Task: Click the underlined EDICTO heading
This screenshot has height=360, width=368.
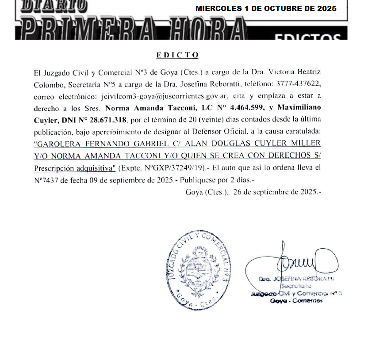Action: (x=177, y=55)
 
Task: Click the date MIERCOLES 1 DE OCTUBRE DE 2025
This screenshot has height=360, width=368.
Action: (x=266, y=8)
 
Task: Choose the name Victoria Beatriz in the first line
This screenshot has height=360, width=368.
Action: (x=296, y=72)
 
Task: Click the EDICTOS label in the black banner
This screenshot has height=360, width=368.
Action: (x=307, y=37)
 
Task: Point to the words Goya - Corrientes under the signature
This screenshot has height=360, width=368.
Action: (x=296, y=300)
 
